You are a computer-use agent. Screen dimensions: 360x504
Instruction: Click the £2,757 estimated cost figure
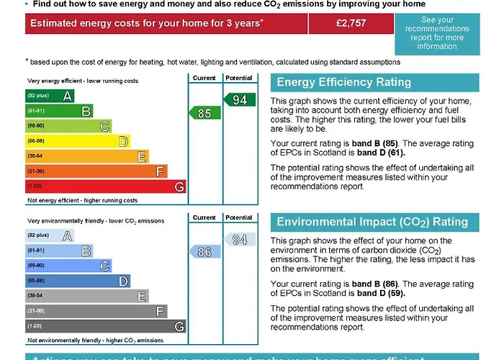point(351,23)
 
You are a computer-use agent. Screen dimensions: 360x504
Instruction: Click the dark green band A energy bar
point(50,96)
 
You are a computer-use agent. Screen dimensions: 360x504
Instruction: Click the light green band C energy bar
point(68,126)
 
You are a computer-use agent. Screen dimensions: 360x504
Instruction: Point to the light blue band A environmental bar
point(50,235)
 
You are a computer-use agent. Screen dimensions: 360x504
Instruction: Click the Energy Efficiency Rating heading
point(343,82)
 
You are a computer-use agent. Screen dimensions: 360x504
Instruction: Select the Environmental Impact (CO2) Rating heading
point(372,222)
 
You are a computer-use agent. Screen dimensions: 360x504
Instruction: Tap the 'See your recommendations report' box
point(437,33)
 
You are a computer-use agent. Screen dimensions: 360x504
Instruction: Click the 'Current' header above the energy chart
point(204,78)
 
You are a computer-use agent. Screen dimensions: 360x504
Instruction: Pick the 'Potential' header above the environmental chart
point(239,217)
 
